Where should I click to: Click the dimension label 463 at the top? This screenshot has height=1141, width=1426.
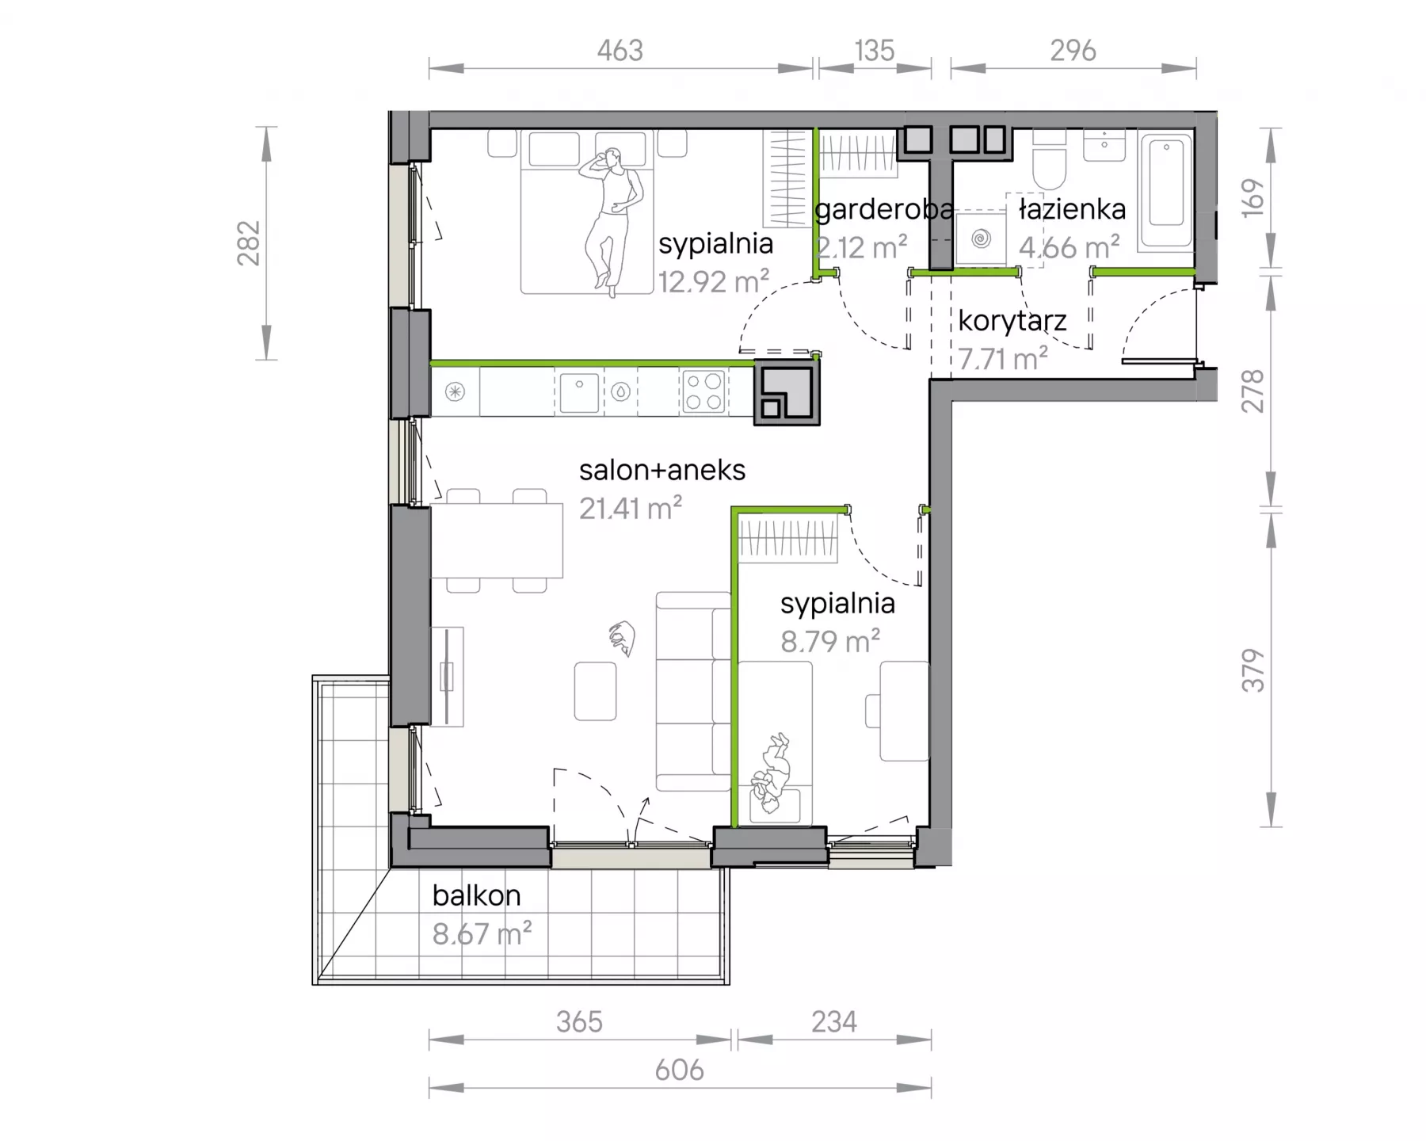[620, 51]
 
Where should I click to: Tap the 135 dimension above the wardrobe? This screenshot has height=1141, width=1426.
[875, 51]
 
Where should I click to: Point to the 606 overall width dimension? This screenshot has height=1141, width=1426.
[680, 1070]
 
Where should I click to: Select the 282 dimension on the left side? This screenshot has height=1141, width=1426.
[249, 243]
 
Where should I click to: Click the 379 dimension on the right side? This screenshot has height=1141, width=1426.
[1253, 670]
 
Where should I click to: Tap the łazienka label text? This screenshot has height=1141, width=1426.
[1072, 209]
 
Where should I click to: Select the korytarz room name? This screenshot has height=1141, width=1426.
[1012, 321]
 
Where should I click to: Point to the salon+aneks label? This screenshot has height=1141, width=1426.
[662, 470]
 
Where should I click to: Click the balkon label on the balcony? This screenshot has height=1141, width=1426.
[476, 895]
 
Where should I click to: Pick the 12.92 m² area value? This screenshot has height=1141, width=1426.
[714, 280]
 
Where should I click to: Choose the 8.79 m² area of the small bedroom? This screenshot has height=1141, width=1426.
[830, 640]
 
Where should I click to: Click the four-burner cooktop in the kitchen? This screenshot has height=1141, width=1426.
[703, 391]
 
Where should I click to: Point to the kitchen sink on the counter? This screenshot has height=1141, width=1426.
[579, 392]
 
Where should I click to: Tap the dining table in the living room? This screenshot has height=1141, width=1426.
[497, 541]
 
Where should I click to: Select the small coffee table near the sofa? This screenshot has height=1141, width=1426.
[596, 691]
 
